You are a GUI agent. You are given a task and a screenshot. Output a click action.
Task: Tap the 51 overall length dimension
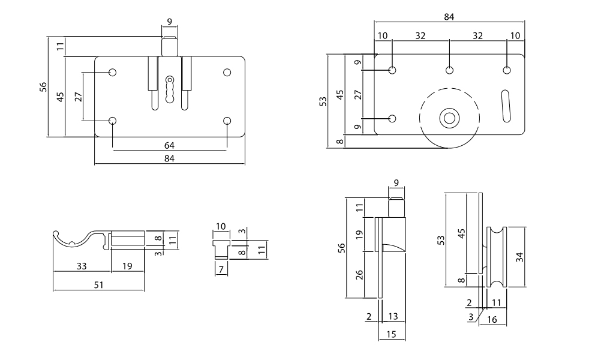[98, 285]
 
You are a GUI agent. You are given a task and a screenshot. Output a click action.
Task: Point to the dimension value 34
[519, 257]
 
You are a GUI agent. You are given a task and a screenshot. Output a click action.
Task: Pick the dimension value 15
[391, 334]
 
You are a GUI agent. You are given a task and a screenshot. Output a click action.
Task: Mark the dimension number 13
[393, 316]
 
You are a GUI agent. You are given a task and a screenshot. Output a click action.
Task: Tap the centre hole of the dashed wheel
[448, 118]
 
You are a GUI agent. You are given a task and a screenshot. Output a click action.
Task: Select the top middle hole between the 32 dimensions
[449, 70]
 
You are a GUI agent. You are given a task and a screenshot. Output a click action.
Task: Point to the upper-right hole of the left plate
[227, 73]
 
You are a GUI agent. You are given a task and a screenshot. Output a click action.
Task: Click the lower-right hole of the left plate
[227, 121]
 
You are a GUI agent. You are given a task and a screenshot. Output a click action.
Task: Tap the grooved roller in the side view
[497, 257]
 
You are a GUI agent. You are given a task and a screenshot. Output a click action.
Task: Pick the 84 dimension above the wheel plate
[449, 17]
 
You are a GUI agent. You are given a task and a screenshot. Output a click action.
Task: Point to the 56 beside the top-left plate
[43, 87]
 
